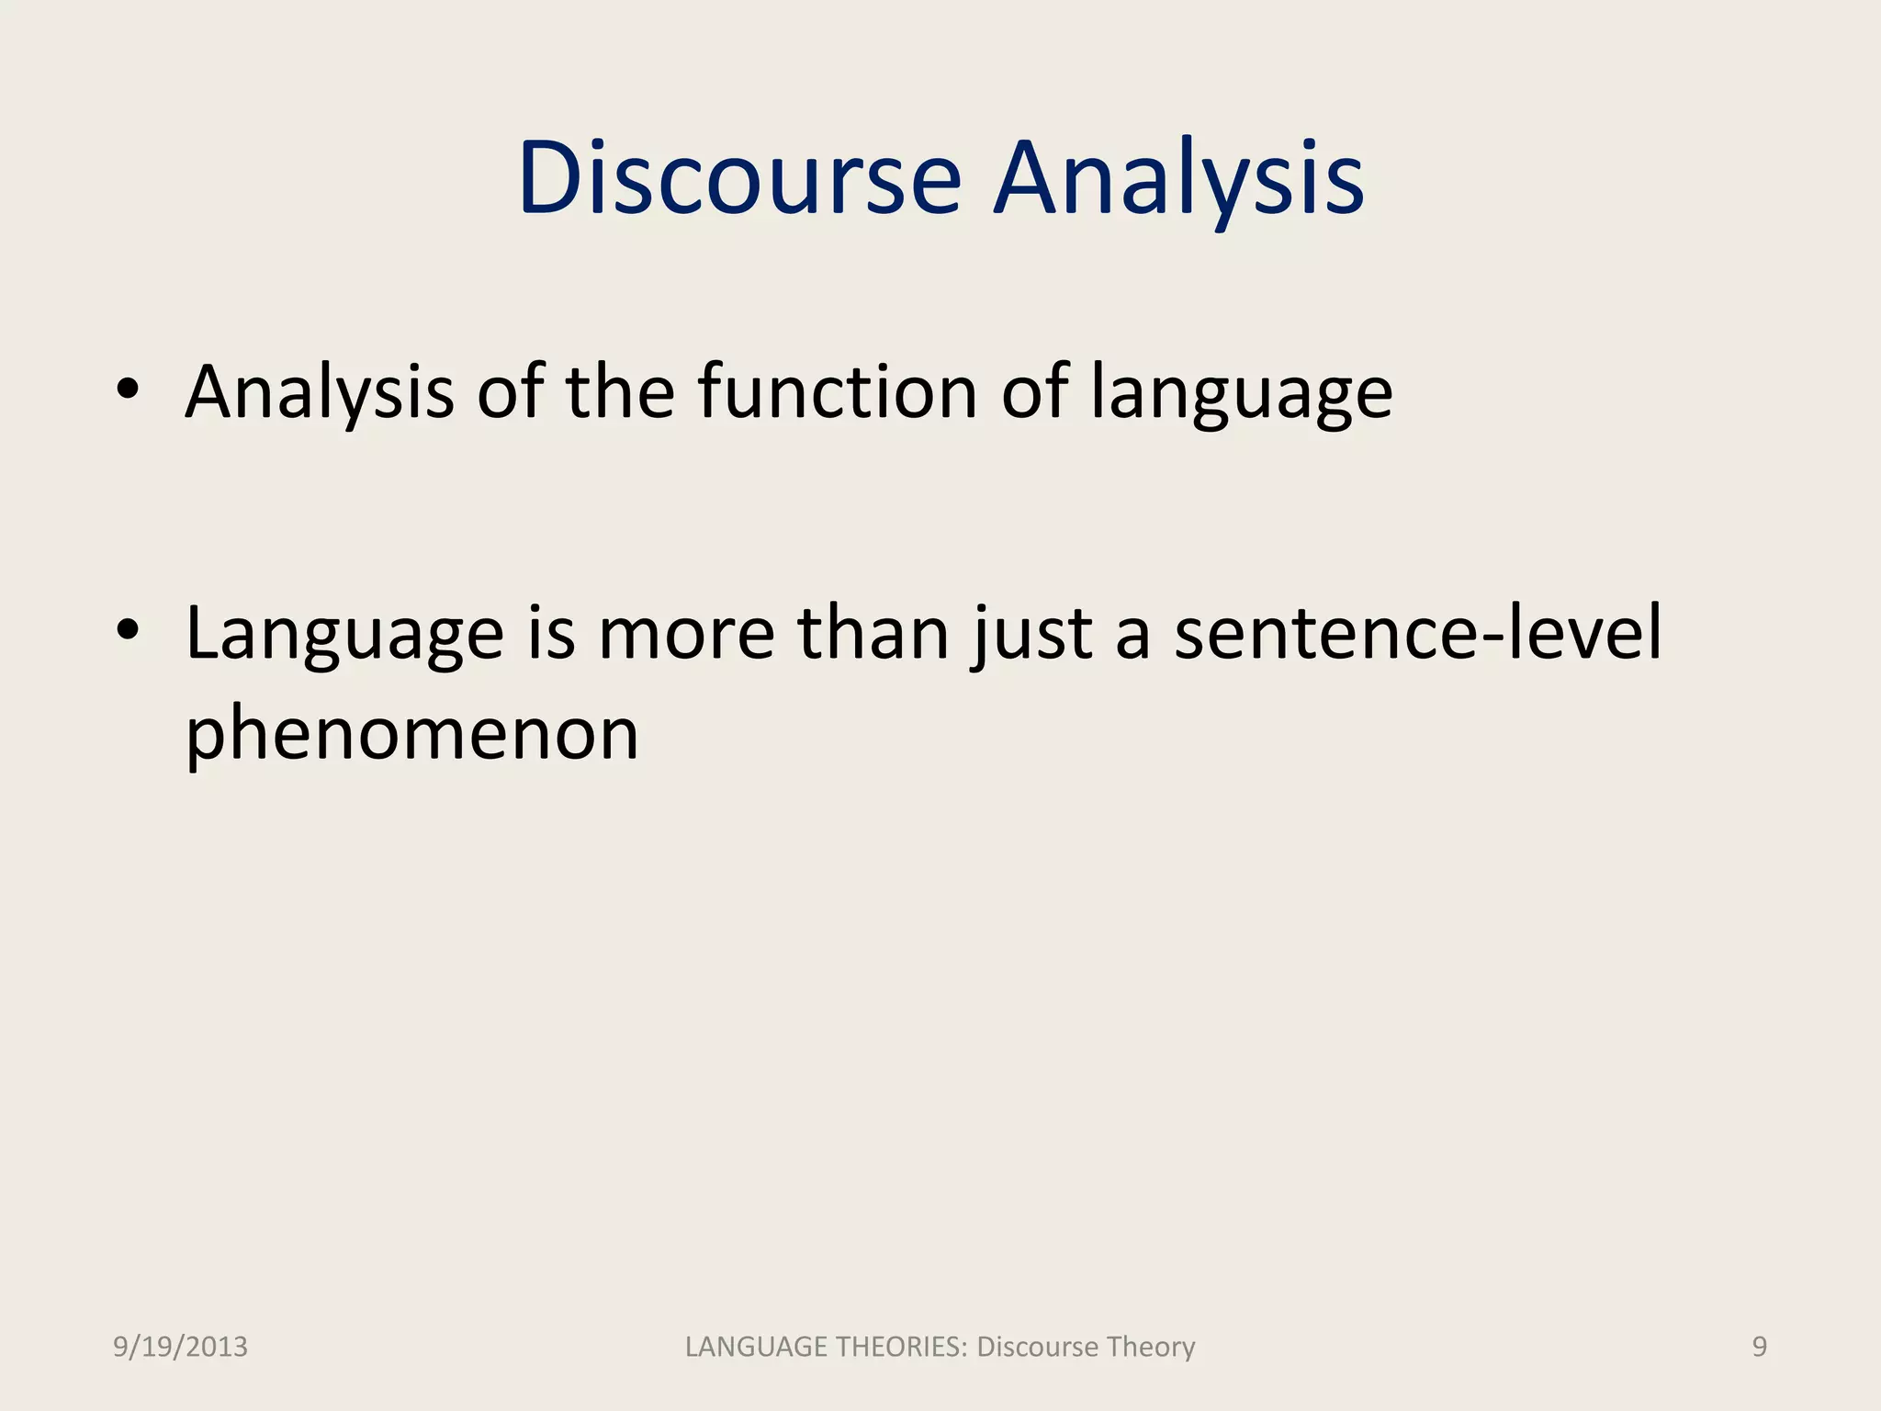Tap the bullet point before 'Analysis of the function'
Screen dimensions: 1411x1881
(x=128, y=389)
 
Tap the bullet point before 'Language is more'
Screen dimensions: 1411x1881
(x=128, y=630)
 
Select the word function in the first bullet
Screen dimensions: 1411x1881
(x=837, y=392)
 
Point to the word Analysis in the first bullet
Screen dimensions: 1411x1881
(x=320, y=392)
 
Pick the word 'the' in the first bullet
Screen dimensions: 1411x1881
(x=620, y=392)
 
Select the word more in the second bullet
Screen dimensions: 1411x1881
(x=686, y=634)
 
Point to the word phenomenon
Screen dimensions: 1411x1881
(x=411, y=735)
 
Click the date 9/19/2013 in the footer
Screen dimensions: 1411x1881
(x=180, y=1347)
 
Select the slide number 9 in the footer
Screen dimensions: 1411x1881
(x=1759, y=1347)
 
